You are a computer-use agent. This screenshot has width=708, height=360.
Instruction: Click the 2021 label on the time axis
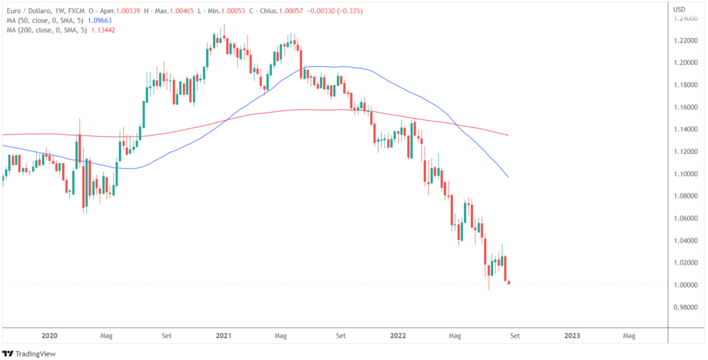223,335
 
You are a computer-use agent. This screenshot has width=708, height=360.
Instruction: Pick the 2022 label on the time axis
398,335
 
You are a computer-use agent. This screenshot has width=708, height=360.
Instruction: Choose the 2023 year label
572,335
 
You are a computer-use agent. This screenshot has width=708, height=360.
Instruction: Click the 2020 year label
49,335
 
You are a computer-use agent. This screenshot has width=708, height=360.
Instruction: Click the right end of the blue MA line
509,177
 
